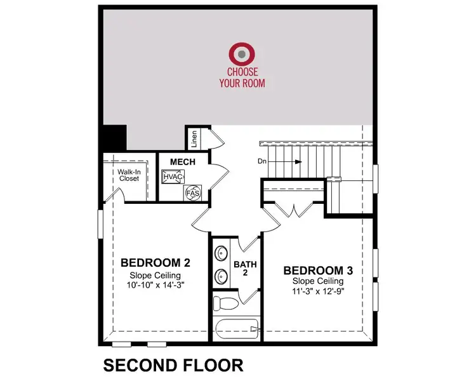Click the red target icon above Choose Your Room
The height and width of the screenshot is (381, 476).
(x=242, y=53)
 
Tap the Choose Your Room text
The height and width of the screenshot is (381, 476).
(x=242, y=78)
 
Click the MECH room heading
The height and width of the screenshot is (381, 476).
(x=182, y=162)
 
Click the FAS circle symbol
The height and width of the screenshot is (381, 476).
(x=191, y=192)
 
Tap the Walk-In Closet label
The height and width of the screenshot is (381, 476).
(x=128, y=175)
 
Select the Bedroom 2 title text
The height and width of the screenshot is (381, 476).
(x=155, y=263)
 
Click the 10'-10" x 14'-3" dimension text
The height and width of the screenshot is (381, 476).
(x=156, y=285)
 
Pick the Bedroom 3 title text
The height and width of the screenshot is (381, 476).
(x=318, y=270)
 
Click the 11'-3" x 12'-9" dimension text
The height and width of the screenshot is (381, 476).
(x=317, y=291)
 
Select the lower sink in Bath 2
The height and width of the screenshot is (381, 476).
(x=221, y=276)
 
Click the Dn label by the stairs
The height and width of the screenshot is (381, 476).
(x=261, y=161)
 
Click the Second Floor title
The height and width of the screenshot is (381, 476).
(x=173, y=365)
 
